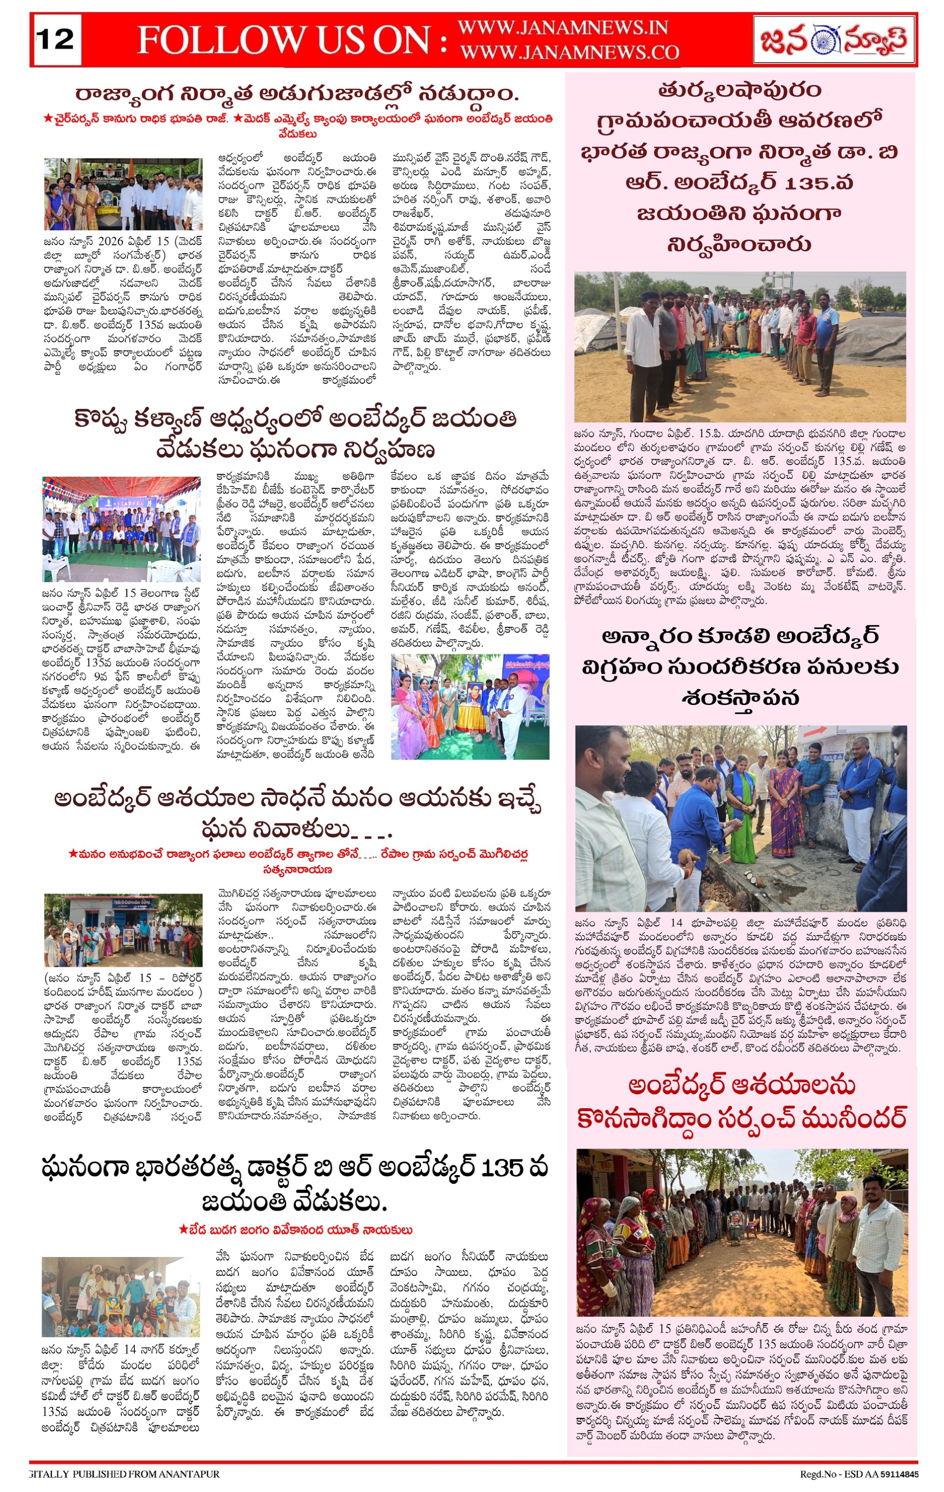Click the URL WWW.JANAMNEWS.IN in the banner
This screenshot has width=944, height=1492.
[x=562, y=28]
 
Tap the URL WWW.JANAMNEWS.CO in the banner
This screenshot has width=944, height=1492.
[x=569, y=53]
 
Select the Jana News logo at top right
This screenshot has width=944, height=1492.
[x=834, y=40]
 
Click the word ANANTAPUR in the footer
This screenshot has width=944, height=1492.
[x=192, y=1474]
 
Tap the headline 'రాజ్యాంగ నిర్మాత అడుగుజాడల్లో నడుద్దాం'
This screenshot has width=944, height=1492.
[x=296, y=94]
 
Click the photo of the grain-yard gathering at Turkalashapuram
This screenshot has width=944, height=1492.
[x=740, y=346]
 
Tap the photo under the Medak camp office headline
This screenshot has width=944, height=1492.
[x=123, y=194]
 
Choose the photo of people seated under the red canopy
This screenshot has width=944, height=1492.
[x=121, y=520]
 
